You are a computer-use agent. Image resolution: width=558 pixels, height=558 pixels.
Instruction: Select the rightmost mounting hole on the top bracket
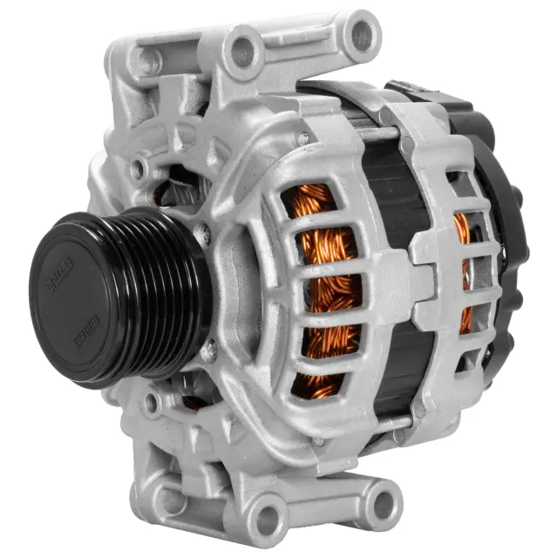[360, 34]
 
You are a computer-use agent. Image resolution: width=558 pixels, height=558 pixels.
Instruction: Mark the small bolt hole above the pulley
[138, 168]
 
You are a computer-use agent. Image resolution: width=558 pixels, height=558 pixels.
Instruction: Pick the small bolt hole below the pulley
[153, 404]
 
